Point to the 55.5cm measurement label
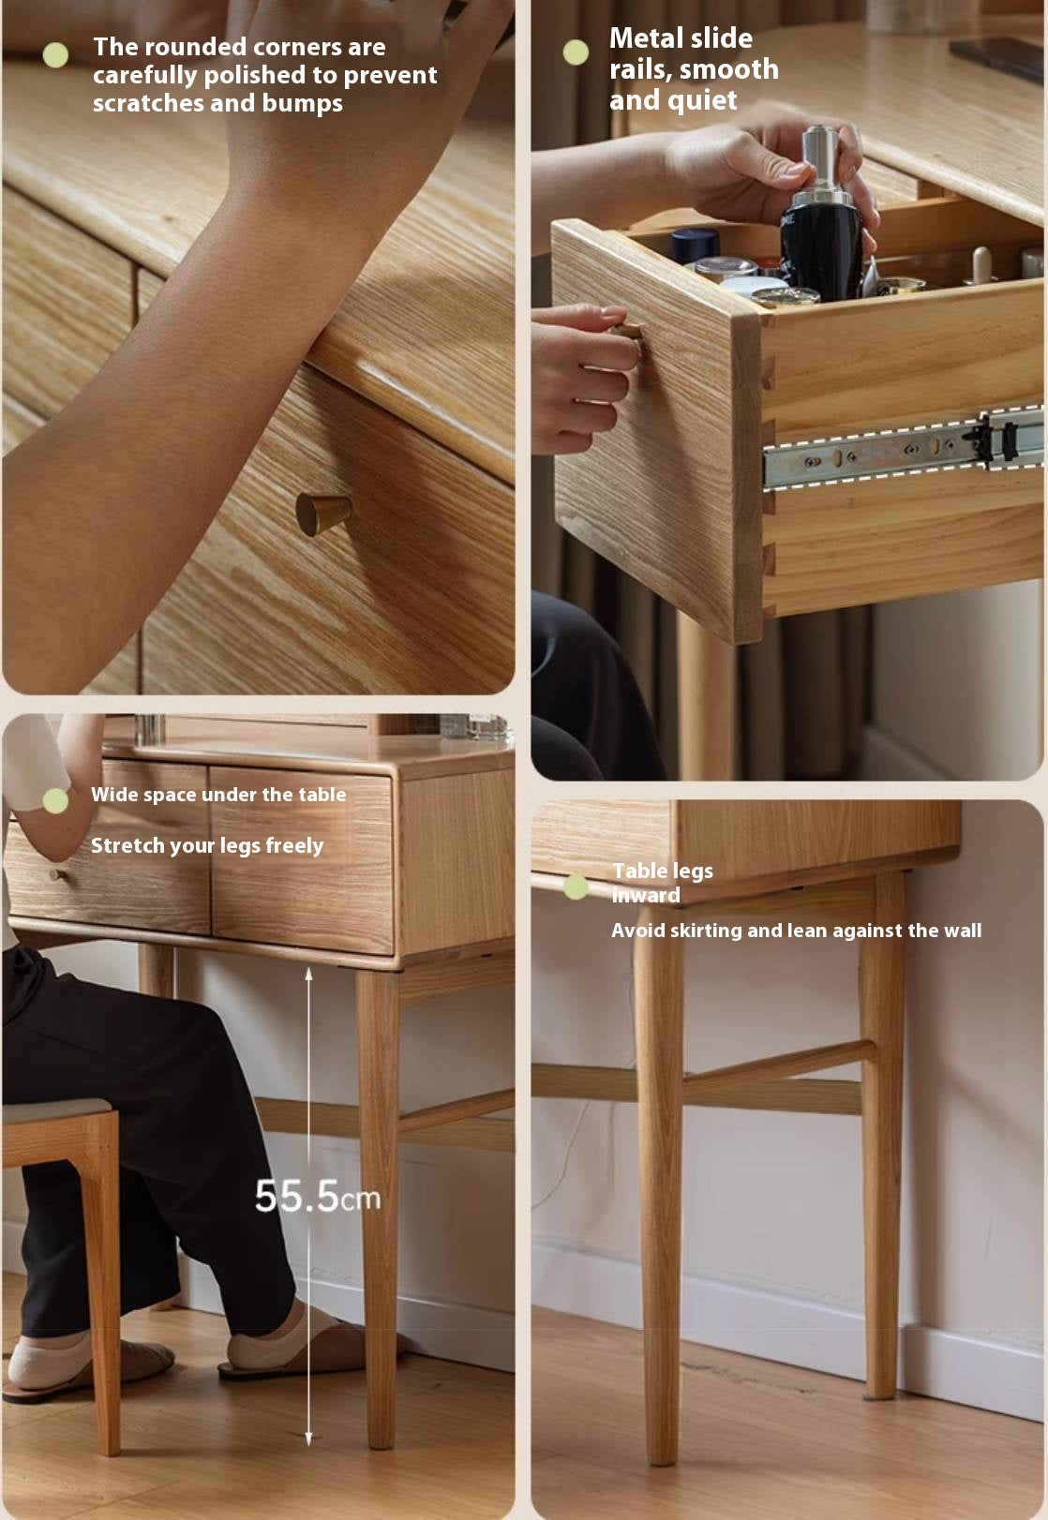click(x=317, y=1197)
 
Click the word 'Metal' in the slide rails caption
click(x=646, y=38)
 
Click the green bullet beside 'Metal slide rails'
click(x=576, y=52)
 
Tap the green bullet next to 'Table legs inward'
click(x=576, y=887)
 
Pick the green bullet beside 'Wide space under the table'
click(x=55, y=800)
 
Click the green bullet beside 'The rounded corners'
click(x=56, y=55)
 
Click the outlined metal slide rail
click(x=900, y=449)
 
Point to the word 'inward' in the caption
click(x=646, y=895)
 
